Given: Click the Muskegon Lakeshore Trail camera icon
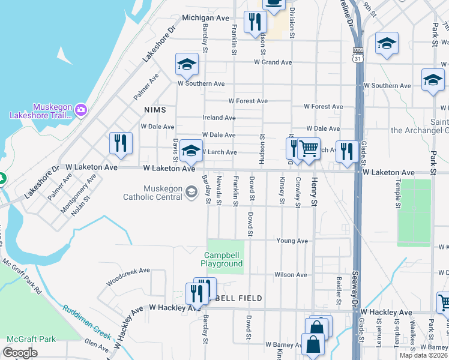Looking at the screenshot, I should (81, 110).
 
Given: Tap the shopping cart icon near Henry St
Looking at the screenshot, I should (309, 148).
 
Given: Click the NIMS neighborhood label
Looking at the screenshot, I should (154, 110).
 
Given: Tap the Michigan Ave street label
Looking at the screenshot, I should (206, 18).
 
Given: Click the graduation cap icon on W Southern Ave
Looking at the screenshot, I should (187, 64).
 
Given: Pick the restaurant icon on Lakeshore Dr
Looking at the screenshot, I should (121, 143).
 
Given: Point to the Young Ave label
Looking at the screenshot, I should (292, 241).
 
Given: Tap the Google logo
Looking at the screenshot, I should (20, 353).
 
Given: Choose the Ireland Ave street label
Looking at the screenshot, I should (219, 118).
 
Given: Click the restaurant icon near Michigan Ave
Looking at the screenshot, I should (255, 22).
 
